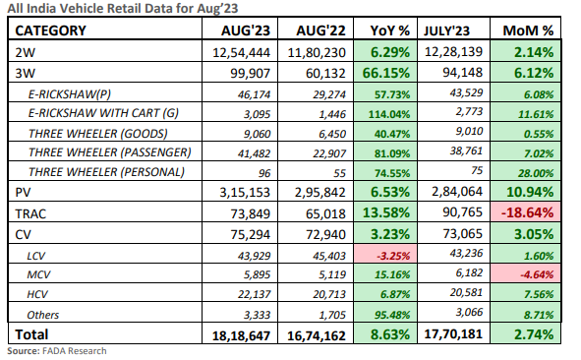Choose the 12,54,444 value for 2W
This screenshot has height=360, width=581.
[240, 51]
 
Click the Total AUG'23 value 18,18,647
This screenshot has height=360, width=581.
[240, 337]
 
